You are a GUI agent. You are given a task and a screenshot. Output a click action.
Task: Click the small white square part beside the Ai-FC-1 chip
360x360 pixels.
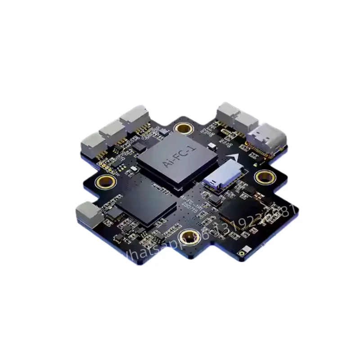coord(212,146)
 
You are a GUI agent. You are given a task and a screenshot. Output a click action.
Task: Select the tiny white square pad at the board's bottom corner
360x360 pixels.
coord(243,252)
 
